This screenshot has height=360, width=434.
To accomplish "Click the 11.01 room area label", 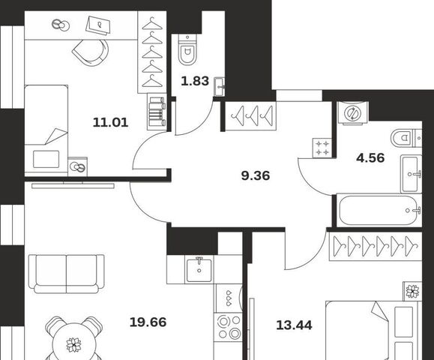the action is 110,122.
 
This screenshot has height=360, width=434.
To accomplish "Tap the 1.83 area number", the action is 195,81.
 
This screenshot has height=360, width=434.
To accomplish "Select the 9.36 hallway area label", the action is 256,175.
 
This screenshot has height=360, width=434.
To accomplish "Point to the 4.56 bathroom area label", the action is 370,157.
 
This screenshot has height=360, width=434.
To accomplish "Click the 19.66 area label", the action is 148,322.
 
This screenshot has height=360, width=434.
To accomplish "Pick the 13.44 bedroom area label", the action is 295,325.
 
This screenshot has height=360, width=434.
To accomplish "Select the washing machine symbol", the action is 353,112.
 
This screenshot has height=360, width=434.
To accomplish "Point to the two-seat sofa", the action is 67,274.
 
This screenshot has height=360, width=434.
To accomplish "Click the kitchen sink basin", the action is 199,270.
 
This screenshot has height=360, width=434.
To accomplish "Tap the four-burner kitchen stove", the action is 229,326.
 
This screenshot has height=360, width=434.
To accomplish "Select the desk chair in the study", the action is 91,52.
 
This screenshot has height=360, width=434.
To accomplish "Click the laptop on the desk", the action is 97,25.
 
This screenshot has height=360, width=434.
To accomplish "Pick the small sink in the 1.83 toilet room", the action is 220,87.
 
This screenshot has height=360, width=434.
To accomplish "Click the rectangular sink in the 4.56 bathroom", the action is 411,174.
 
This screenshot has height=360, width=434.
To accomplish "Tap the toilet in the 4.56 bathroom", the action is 406,138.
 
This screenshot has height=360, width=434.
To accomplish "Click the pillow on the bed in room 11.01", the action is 46,159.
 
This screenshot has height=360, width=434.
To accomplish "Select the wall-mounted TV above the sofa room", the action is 73,185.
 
